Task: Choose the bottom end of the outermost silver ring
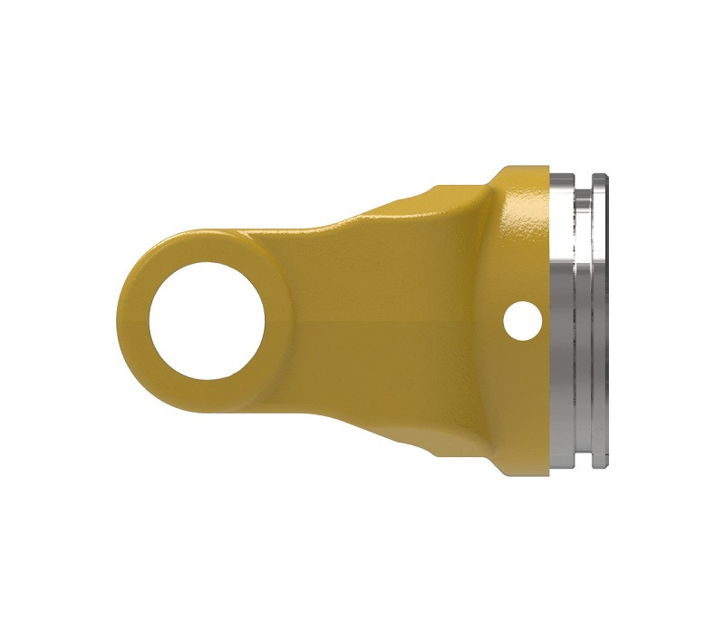coord(600,464)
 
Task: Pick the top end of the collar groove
coord(585,184)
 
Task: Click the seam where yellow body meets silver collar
coord(550,272)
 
